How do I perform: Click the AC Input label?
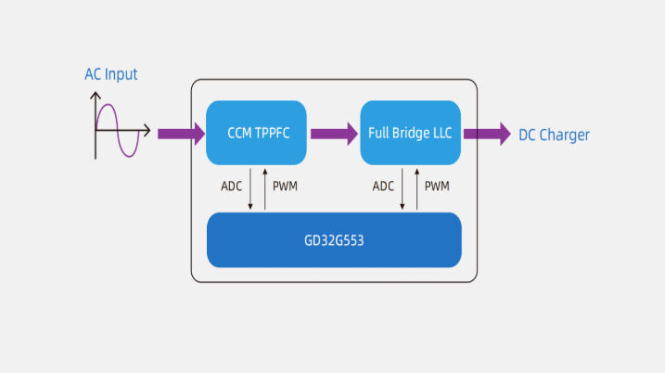[x=110, y=74]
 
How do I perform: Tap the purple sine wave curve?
[x=118, y=130]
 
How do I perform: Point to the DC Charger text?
[x=554, y=135]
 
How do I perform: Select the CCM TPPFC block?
[x=256, y=133]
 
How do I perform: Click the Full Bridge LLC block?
[x=410, y=133]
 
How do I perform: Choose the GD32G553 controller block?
[x=334, y=240]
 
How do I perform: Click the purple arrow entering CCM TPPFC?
[x=182, y=135]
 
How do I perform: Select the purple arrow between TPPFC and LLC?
[x=334, y=135]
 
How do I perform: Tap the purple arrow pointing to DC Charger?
[x=487, y=135]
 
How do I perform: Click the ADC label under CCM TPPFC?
[x=231, y=186]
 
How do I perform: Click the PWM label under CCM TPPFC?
[x=285, y=186]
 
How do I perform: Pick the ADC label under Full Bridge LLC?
[x=383, y=186]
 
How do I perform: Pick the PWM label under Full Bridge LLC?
[x=437, y=186]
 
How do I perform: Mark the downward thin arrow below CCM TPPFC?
[x=250, y=189]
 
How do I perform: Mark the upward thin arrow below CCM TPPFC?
[x=265, y=189]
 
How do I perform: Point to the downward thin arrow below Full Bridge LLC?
[x=402, y=189]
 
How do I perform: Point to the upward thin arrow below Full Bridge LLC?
[x=416, y=189]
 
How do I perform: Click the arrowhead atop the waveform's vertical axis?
[x=96, y=95]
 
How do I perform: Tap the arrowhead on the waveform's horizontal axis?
[x=147, y=130]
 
